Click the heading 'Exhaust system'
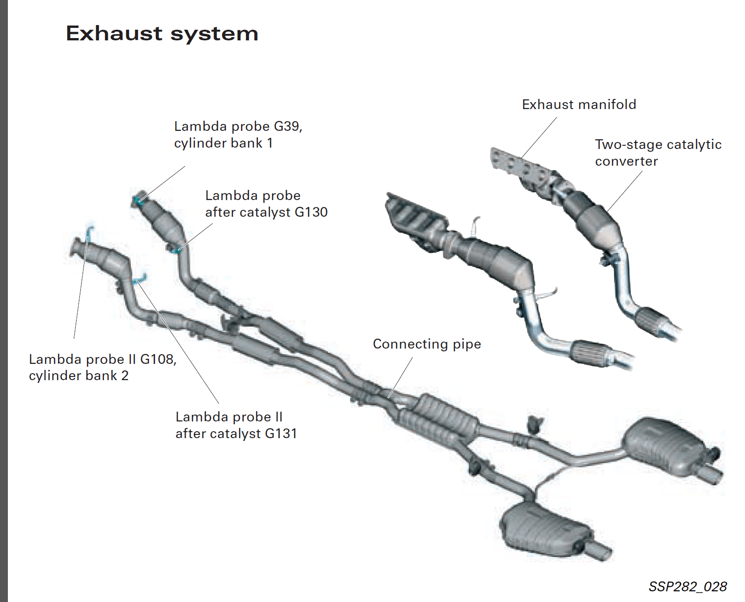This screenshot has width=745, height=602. coord(162,33)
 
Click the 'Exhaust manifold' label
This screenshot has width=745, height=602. coord(579,104)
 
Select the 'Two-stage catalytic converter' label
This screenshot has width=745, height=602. coord(658,153)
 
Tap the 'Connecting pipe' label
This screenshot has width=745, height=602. coord(427,344)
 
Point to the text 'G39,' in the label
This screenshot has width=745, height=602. coord(288,126)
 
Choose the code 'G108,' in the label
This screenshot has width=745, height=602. coord(158,359)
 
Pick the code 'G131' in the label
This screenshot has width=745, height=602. coord(281,434)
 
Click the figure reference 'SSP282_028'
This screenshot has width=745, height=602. coord(687,587)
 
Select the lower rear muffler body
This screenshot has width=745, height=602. coord(543,529)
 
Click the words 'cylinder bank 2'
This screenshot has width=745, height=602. coord(78,375)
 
